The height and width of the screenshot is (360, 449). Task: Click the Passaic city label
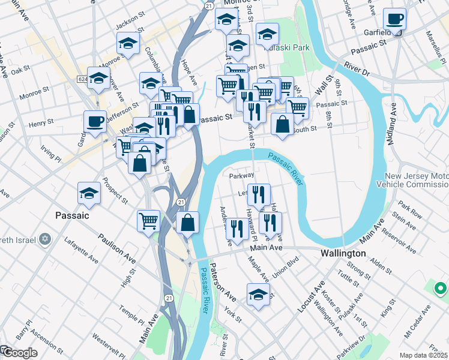pos(72,215)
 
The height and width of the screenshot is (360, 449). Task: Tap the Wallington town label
pos(343,253)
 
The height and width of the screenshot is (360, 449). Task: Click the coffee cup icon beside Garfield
pos(394,19)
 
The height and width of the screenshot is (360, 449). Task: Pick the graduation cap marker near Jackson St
pos(128,43)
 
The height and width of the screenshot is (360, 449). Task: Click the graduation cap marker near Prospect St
pos(89,194)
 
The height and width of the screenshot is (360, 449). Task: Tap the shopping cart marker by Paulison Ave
pos(148,220)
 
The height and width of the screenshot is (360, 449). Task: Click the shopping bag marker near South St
pos(282,125)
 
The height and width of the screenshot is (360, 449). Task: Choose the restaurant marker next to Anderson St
pos(237,227)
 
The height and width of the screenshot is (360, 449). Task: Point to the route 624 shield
pos(83,79)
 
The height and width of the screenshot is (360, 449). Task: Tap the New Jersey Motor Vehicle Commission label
pos(417,181)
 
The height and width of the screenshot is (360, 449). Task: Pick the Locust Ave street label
pos(310,296)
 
